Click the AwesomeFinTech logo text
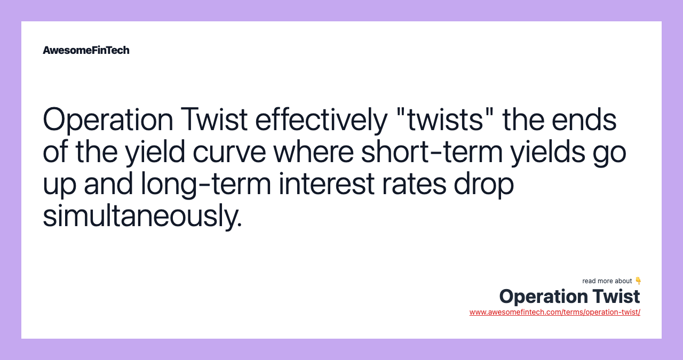tap(86, 50)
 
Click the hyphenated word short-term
tap(431, 152)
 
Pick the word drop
tap(484, 185)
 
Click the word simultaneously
tap(142, 217)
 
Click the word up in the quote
tap(60, 185)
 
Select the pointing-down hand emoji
tap(638, 281)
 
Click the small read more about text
tap(607, 281)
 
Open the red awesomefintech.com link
tap(554, 312)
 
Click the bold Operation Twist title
tap(569, 296)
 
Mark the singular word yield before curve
tap(155, 152)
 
